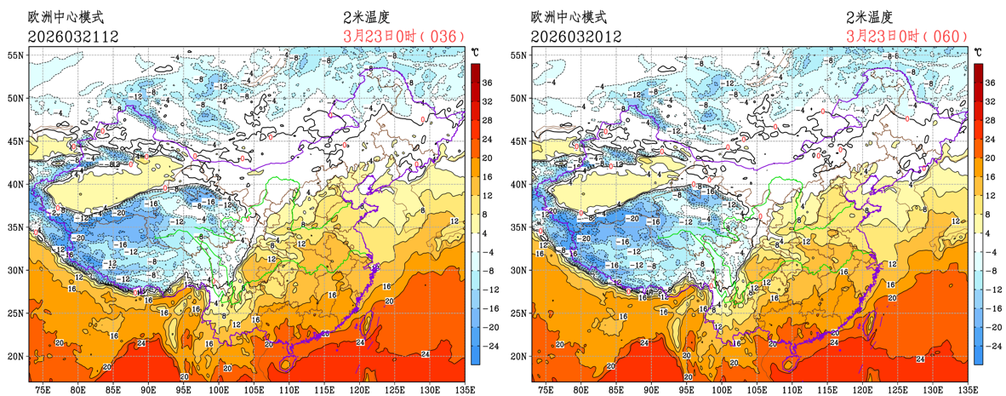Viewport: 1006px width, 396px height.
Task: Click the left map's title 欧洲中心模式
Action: pyautogui.click(x=66, y=16)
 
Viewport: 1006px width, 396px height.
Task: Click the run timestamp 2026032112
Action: pyautogui.click(x=72, y=36)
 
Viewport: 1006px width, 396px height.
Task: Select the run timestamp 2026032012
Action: pyautogui.click(x=575, y=36)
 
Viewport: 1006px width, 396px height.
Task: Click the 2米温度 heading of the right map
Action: pyautogui.click(x=869, y=16)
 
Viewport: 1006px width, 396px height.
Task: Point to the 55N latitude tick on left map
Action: pyautogui.click(x=16, y=55)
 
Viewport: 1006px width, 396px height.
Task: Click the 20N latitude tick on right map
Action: pyautogui.click(x=519, y=356)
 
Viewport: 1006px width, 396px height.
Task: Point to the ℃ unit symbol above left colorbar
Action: pyautogui.click(x=476, y=53)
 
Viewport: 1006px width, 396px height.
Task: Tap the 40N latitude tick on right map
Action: pyautogui.click(x=519, y=184)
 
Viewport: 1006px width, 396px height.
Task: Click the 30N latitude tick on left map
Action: pyautogui.click(x=16, y=270)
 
